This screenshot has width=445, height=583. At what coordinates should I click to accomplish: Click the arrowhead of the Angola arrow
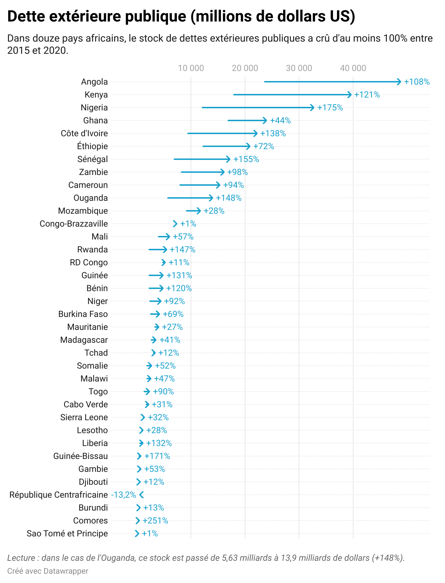399,82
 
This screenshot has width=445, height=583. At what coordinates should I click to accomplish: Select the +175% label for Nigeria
330,108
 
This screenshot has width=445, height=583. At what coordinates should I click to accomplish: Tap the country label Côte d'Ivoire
84,133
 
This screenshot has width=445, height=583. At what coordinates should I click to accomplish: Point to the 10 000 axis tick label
191,68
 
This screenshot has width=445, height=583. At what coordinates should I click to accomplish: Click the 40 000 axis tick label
353,68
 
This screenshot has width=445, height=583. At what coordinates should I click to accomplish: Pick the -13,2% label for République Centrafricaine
123,495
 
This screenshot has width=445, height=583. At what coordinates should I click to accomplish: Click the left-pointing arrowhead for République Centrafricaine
141,495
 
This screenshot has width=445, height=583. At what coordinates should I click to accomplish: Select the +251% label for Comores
155,521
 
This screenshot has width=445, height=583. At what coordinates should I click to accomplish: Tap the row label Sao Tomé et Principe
67,534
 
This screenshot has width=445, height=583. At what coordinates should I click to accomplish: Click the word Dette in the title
25,16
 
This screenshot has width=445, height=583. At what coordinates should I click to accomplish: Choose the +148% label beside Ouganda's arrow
229,198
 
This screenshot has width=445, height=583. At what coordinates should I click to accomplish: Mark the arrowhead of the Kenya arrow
350,95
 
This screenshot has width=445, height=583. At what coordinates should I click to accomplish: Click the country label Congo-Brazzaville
74,224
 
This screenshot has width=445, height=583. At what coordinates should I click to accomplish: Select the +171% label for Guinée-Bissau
157,456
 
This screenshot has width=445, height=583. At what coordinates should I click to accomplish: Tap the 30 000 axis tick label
299,68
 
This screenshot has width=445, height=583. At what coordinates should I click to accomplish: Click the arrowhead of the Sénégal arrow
228,159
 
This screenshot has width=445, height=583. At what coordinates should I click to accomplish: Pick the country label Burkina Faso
83,314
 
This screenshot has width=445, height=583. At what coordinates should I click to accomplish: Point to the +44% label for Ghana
280,120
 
